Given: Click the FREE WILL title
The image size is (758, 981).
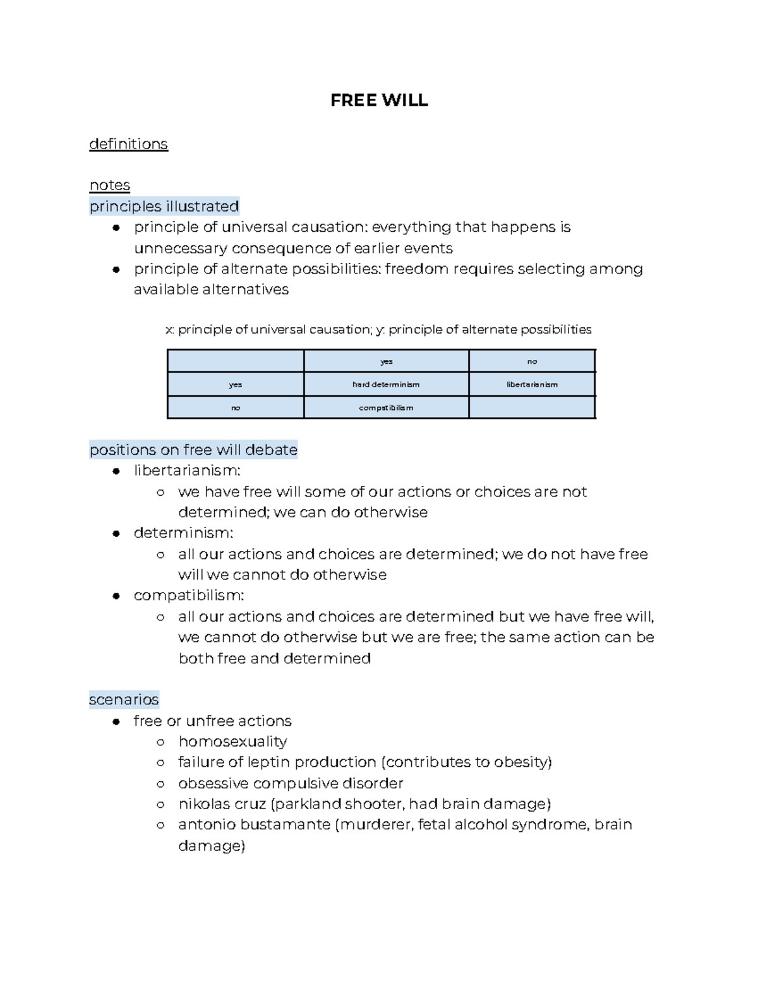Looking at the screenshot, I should click(379, 100).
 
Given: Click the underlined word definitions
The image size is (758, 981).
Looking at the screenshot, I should click(128, 144).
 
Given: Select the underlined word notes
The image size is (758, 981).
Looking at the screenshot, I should click(109, 185).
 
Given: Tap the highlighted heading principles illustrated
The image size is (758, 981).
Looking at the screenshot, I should click(164, 206).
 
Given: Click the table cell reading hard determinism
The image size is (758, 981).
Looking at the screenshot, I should click(386, 384).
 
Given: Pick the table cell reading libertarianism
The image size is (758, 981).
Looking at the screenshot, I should click(532, 384).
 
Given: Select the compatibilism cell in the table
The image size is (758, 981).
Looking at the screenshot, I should click(386, 407).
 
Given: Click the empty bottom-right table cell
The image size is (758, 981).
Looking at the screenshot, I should click(532, 407).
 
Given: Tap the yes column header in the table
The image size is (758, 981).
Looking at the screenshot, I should click(386, 361).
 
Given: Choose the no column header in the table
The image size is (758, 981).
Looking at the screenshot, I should click(532, 361).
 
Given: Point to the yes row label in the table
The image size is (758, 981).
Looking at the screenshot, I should click(235, 384).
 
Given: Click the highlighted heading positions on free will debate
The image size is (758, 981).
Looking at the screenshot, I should click(193, 450).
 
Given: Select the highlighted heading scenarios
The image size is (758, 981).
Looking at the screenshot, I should click(124, 699).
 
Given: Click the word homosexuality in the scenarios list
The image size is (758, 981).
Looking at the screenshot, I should click(232, 741).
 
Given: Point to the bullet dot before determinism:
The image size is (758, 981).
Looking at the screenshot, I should click(116, 533).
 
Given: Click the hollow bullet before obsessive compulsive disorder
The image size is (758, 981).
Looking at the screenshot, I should click(160, 783).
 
